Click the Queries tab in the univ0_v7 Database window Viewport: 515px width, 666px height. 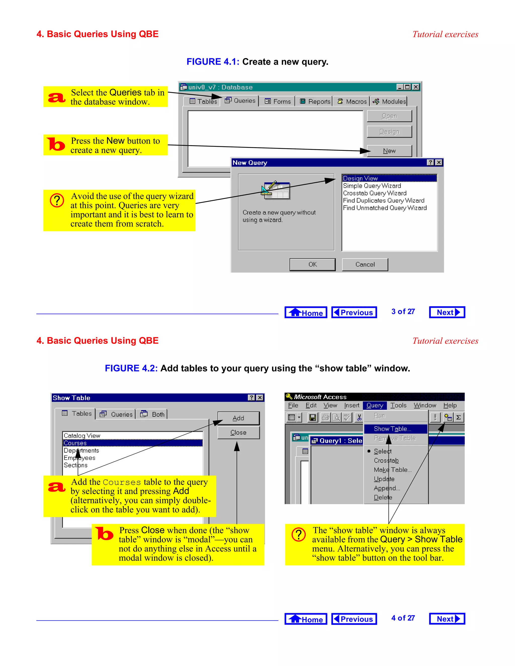point(240,101)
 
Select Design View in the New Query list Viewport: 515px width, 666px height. point(360,178)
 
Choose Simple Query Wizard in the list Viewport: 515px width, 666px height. point(372,186)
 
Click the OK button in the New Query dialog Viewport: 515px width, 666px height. point(312,264)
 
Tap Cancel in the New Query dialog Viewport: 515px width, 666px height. point(365,264)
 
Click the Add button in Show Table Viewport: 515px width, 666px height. point(238,418)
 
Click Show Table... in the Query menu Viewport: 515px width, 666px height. point(392,429)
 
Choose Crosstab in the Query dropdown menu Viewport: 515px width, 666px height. point(386,460)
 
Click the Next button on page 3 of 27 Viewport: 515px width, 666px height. point(447,312)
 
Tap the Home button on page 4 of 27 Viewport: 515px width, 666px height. point(306,619)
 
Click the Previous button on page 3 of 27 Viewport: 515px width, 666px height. point(354,312)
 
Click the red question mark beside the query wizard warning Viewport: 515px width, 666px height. point(57,200)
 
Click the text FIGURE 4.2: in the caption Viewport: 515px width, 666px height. point(131,368)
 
